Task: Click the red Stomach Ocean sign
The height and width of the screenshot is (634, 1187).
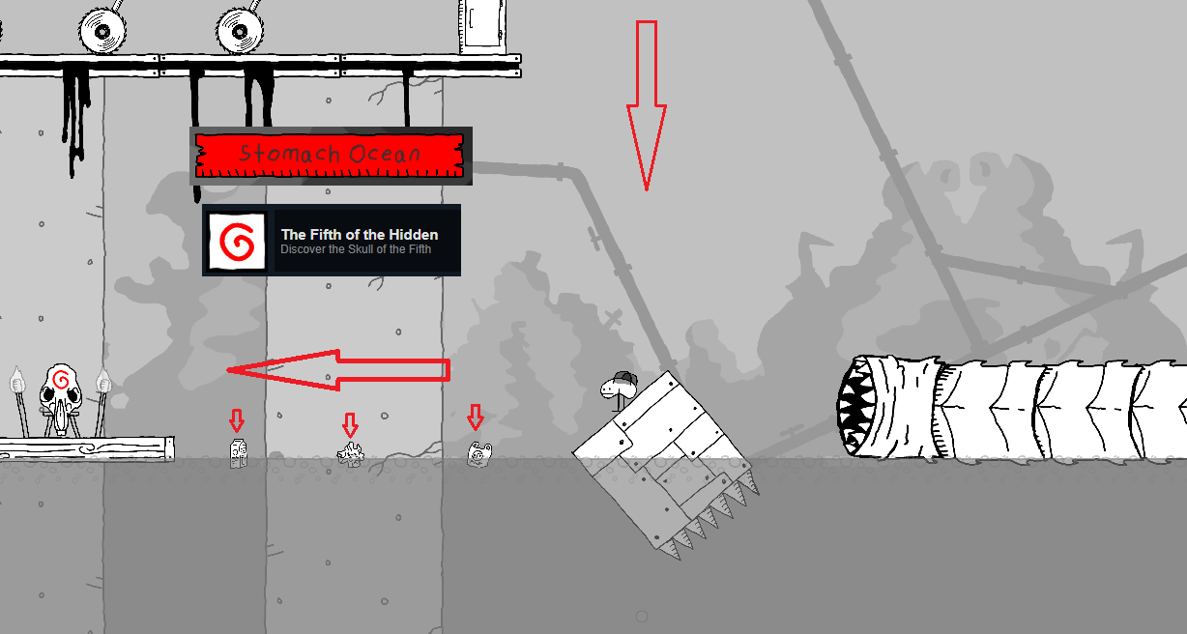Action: [330, 156]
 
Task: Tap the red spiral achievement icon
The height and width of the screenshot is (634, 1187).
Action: [237, 241]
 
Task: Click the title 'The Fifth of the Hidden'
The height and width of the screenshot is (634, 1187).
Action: [360, 235]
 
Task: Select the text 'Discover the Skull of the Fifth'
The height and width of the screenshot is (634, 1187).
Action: [356, 249]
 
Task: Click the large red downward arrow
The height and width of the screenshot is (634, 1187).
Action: [647, 105]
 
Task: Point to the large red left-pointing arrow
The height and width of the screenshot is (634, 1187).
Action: [338, 370]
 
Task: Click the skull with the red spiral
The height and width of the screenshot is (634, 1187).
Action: [61, 397]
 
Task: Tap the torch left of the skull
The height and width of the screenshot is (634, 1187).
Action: [19, 401]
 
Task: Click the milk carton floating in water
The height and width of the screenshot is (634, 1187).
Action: [239, 453]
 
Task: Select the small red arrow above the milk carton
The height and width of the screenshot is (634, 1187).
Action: [237, 420]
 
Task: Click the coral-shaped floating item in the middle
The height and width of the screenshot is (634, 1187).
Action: [351, 455]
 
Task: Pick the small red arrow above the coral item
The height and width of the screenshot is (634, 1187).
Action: [350, 425]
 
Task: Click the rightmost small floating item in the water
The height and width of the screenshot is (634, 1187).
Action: [479, 454]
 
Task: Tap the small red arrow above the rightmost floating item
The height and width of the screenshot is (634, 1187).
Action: [476, 417]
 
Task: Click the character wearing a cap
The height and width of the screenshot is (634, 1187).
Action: [619, 389]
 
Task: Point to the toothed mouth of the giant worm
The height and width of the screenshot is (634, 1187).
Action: [854, 406]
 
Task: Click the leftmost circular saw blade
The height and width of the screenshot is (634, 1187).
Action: [102, 30]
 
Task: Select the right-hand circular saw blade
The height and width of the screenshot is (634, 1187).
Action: [240, 30]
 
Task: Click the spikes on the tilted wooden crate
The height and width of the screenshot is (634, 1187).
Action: [710, 519]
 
